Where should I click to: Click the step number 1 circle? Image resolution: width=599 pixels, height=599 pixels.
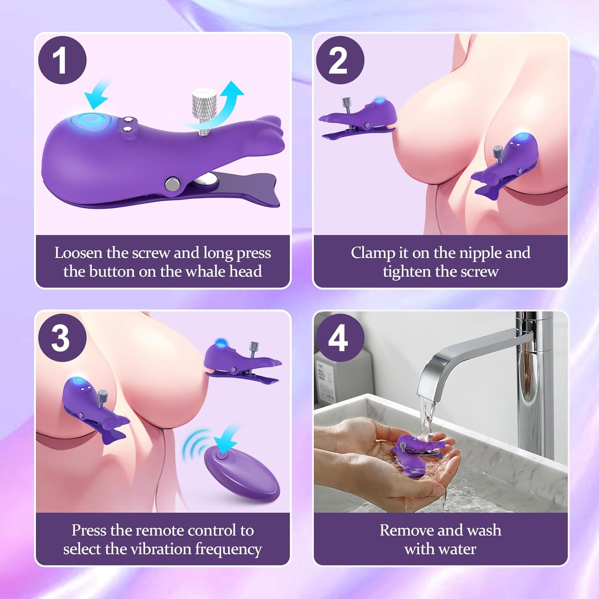click(62, 60)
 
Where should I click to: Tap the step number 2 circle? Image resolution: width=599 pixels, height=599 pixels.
click(340, 60)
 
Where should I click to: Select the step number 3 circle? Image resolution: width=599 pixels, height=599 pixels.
click(62, 338)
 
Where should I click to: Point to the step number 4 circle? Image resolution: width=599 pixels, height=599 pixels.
click(340, 338)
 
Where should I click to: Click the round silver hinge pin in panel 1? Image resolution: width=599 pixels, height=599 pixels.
click(173, 184)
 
